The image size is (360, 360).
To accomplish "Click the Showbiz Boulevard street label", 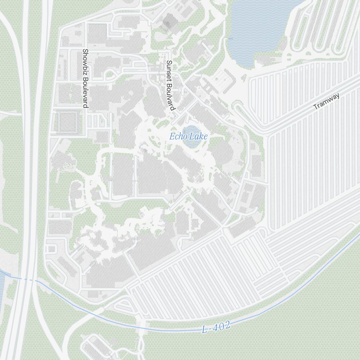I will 85,78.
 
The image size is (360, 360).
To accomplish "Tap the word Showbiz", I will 85,62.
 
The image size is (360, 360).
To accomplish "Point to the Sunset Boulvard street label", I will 170,85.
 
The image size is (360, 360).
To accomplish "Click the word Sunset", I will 169,68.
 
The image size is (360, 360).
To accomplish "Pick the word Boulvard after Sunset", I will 170,95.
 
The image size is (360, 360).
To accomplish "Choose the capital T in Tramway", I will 316,107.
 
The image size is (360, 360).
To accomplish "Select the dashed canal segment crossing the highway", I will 27,279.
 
